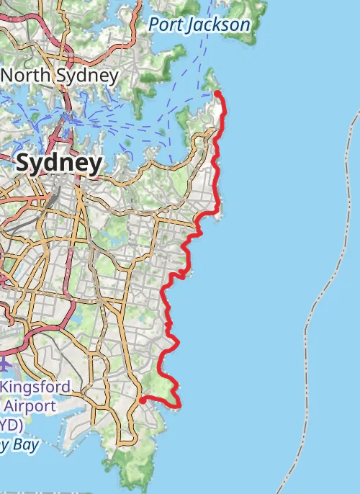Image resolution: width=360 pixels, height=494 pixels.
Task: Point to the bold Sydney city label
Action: (58, 163)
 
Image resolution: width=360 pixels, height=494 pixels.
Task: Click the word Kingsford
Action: (35, 387)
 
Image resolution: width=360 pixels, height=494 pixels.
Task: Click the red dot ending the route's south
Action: (142, 399)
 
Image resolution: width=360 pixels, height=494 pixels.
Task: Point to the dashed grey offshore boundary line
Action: (317, 302)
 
